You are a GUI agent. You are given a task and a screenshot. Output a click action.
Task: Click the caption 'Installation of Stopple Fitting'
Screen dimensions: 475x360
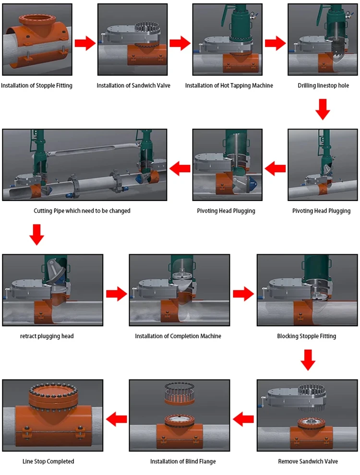[x=36, y=85]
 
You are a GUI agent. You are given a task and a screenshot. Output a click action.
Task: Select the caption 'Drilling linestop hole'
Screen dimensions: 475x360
[x=323, y=85]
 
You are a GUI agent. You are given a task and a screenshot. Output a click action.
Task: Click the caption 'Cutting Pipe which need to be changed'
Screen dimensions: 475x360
[x=82, y=211]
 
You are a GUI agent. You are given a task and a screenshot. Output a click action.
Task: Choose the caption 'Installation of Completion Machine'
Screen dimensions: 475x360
[x=178, y=336]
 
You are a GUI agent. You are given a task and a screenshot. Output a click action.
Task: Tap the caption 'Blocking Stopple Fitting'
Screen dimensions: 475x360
[x=307, y=336]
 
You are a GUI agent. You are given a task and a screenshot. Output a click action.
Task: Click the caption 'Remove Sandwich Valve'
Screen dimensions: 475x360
[x=308, y=461]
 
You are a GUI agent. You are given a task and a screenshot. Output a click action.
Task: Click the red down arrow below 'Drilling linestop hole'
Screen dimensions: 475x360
[x=323, y=109]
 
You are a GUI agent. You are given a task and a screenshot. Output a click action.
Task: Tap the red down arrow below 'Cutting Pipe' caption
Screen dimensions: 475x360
[x=37, y=234]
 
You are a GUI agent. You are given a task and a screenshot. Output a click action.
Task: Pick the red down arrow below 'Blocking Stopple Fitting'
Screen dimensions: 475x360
[x=307, y=359]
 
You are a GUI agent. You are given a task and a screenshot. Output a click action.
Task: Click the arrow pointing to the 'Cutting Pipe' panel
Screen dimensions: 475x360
[x=180, y=168]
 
